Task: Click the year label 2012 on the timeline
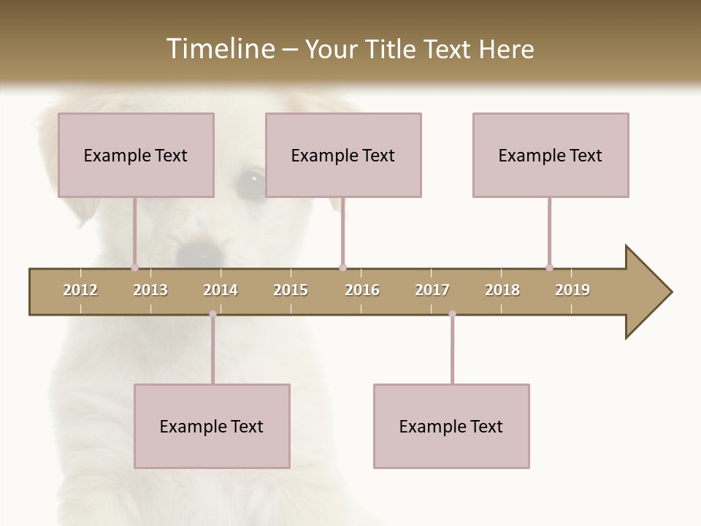coord(80,290)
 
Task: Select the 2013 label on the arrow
coord(150,290)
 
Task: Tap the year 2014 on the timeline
coord(221,290)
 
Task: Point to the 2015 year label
coord(291,290)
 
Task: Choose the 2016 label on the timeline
coord(362,290)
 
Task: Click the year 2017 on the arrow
coord(432,290)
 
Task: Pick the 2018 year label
coord(502,290)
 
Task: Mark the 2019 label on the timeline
coord(572,290)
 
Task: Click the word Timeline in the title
coord(219,49)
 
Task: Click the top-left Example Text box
coord(136,155)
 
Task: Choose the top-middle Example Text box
coord(343,155)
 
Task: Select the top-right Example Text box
coord(551,155)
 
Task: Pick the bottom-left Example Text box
coord(212,426)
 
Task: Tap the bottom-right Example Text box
coord(451,426)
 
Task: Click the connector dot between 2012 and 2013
coord(134,267)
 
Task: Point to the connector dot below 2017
coord(452,314)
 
